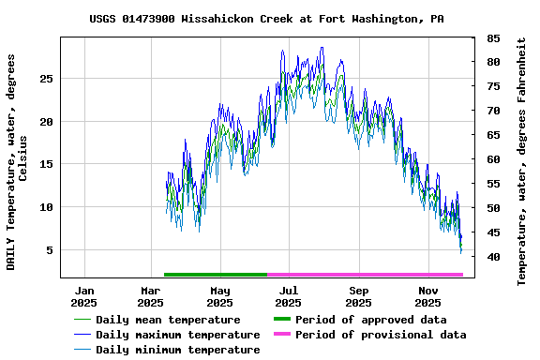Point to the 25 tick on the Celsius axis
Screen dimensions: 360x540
[x=46, y=79]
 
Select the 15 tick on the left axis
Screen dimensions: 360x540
[x=46, y=164]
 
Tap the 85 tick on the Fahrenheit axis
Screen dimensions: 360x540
[x=493, y=38]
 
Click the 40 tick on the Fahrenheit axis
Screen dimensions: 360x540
[x=493, y=257]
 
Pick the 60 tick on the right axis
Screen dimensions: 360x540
[x=493, y=159]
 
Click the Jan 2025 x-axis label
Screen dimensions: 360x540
[x=83, y=296]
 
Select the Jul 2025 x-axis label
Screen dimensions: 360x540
[x=289, y=296]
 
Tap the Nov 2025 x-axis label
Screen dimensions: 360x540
[x=427, y=296]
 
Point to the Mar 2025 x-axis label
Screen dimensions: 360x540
[x=150, y=296]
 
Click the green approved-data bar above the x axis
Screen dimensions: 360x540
[x=216, y=275]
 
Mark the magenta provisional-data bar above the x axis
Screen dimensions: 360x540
[x=366, y=275]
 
